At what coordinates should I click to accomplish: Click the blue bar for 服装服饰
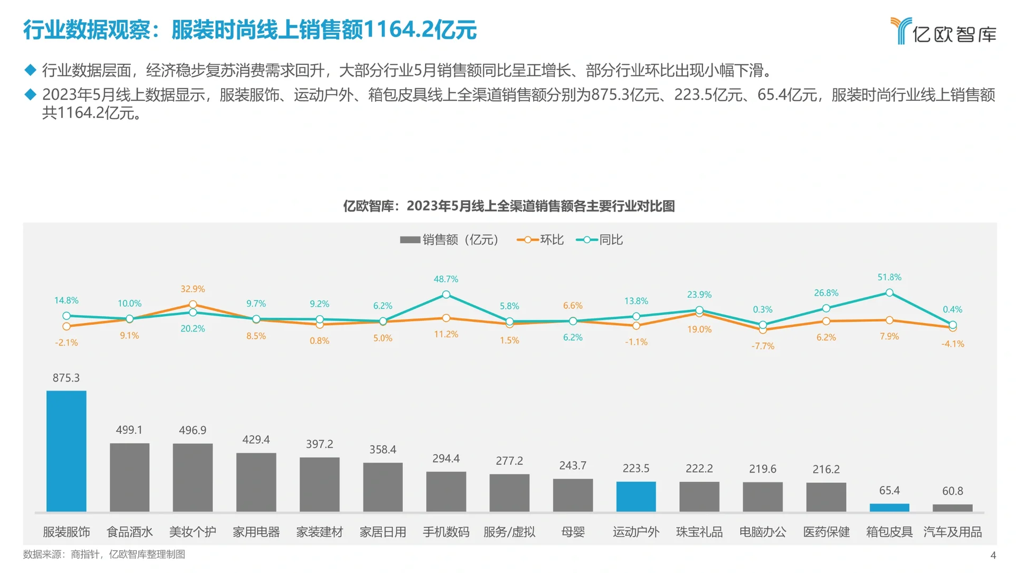tap(66, 451)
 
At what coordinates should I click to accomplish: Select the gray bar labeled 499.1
tap(129, 477)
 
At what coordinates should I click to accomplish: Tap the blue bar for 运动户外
tap(636, 497)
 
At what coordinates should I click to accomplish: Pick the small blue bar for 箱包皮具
tap(889, 508)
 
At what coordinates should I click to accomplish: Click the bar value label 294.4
tap(446, 458)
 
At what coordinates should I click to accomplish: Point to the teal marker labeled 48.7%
tap(446, 294)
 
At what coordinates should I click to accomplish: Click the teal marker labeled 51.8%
tap(889, 293)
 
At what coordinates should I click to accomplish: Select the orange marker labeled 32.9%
tap(193, 305)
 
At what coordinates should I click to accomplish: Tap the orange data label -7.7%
tap(762, 346)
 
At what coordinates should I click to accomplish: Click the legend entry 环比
tap(540, 240)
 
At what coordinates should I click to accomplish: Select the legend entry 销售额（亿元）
tap(450, 240)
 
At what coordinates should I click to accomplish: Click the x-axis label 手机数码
tap(446, 532)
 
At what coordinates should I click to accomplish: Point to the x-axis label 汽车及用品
tap(952, 532)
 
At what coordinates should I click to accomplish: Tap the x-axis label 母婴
tap(573, 532)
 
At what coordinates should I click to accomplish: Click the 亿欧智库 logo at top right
tap(943, 31)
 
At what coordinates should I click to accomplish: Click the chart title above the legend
tap(508, 206)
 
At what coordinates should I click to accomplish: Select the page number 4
tap(993, 555)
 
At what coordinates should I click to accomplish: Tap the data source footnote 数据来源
tap(104, 554)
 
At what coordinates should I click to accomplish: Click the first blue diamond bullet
tap(30, 70)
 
